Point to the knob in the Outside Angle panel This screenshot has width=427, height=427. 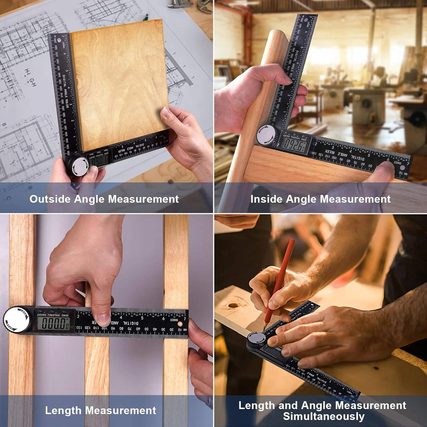click(x=78, y=166)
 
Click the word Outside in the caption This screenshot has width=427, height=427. click(x=50, y=199)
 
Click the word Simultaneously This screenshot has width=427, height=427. click(x=324, y=416)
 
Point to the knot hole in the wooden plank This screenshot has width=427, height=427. click(x=233, y=305)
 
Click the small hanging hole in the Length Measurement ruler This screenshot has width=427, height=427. click(x=180, y=324)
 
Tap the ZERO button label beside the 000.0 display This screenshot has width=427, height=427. click(x=65, y=315)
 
